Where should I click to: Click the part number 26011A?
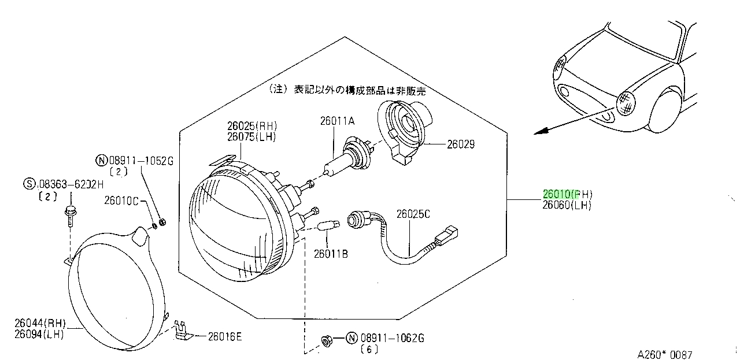337,121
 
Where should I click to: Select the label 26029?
461,144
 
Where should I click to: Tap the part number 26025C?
413,214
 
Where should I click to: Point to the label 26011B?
331,254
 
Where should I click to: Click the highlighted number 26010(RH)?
568,194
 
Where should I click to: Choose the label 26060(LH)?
567,205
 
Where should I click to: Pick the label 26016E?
225,336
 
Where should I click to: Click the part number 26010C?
121,201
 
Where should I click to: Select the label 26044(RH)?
40,323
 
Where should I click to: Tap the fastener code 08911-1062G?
392,338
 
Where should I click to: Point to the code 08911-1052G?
141,161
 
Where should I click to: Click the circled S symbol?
29,184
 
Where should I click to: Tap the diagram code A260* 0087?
664,355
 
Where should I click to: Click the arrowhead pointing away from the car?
541,131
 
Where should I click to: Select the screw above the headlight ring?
71,216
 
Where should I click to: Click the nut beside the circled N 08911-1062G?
327,341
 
